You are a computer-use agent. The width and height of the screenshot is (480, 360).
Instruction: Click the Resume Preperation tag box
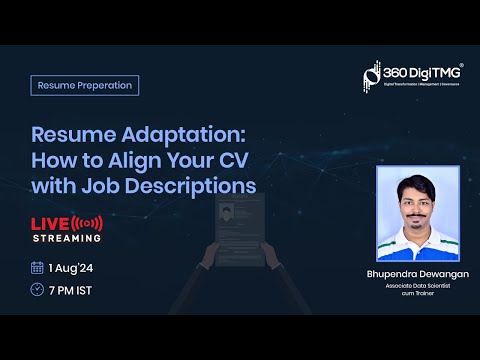click(84, 85)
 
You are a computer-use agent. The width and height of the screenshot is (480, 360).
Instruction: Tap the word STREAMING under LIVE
click(67, 238)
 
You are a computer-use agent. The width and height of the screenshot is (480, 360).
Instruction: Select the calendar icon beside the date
click(38, 267)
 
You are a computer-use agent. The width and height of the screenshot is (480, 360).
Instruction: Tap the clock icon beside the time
click(38, 290)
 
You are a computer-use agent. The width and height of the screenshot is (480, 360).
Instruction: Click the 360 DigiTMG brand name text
click(421, 73)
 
